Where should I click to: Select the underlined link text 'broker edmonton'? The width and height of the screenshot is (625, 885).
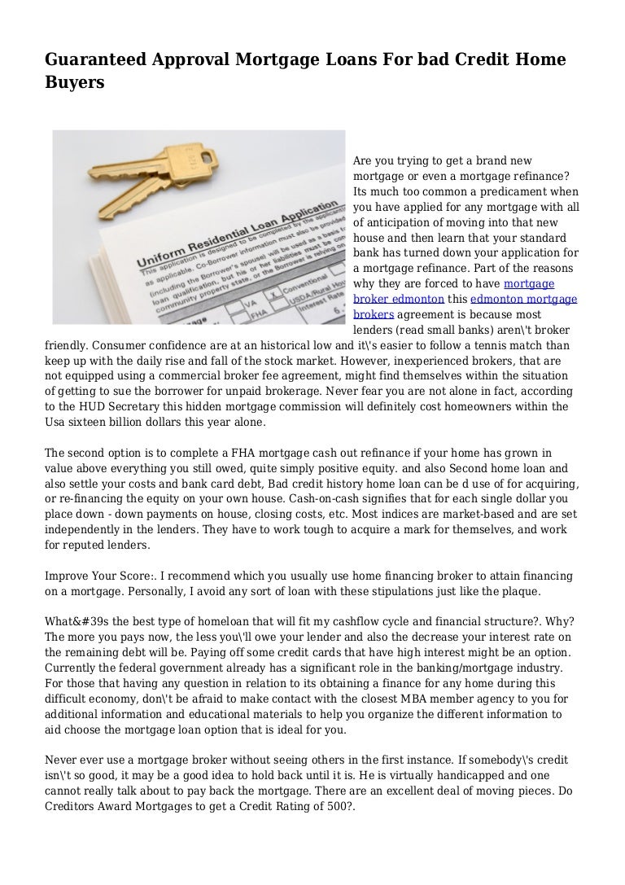click(x=395, y=299)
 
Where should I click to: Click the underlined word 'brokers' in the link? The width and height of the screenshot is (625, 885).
click(x=374, y=313)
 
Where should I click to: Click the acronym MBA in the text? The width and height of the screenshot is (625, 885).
click(x=364, y=699)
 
